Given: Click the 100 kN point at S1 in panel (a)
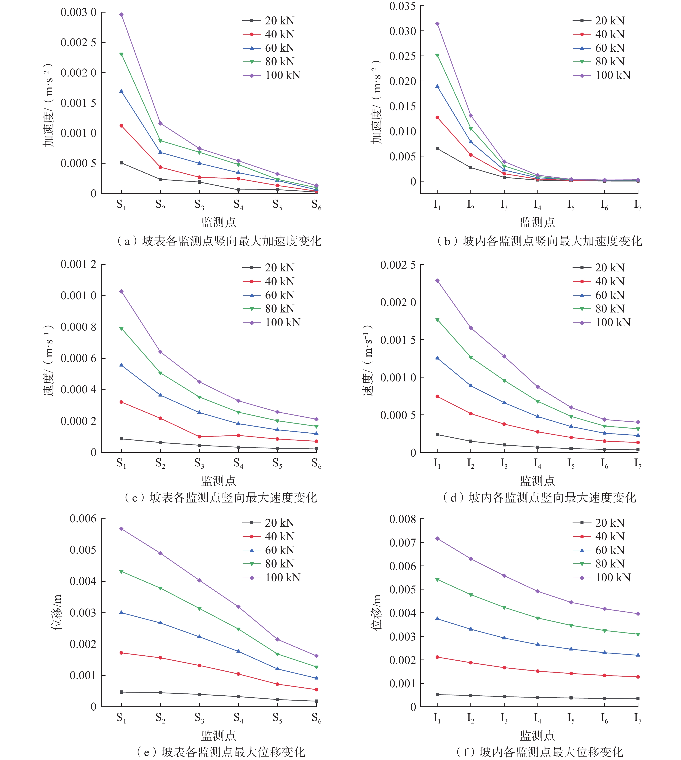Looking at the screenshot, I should [x=121, y=15].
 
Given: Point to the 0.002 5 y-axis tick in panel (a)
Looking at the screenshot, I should [x=78, y=42].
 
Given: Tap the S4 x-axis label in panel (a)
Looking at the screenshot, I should [x=238, y=205].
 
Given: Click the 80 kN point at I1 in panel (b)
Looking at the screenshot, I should [x=437, y=55].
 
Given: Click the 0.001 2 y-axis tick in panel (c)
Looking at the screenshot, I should [x=78, y=264].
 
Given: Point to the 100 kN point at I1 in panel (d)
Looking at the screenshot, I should [x=437, y=280].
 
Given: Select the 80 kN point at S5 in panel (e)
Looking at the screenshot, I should [x=277, y=654].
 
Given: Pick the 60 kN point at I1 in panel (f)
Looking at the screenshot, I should [x=437, y=619].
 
